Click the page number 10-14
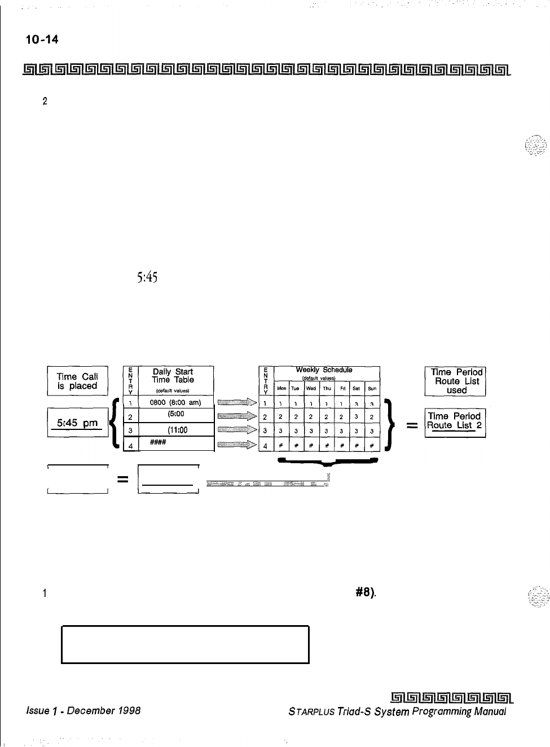42,39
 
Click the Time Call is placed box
77,381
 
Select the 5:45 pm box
77,423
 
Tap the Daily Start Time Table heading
173,376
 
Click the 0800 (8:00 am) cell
175,402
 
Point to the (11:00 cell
177,430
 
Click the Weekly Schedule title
324,370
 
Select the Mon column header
281,388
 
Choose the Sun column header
372,388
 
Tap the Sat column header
356,388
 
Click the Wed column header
311,388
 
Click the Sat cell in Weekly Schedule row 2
356,417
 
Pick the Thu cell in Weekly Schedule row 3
326,432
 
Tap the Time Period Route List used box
456,381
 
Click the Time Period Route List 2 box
455,421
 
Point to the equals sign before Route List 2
412,427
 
